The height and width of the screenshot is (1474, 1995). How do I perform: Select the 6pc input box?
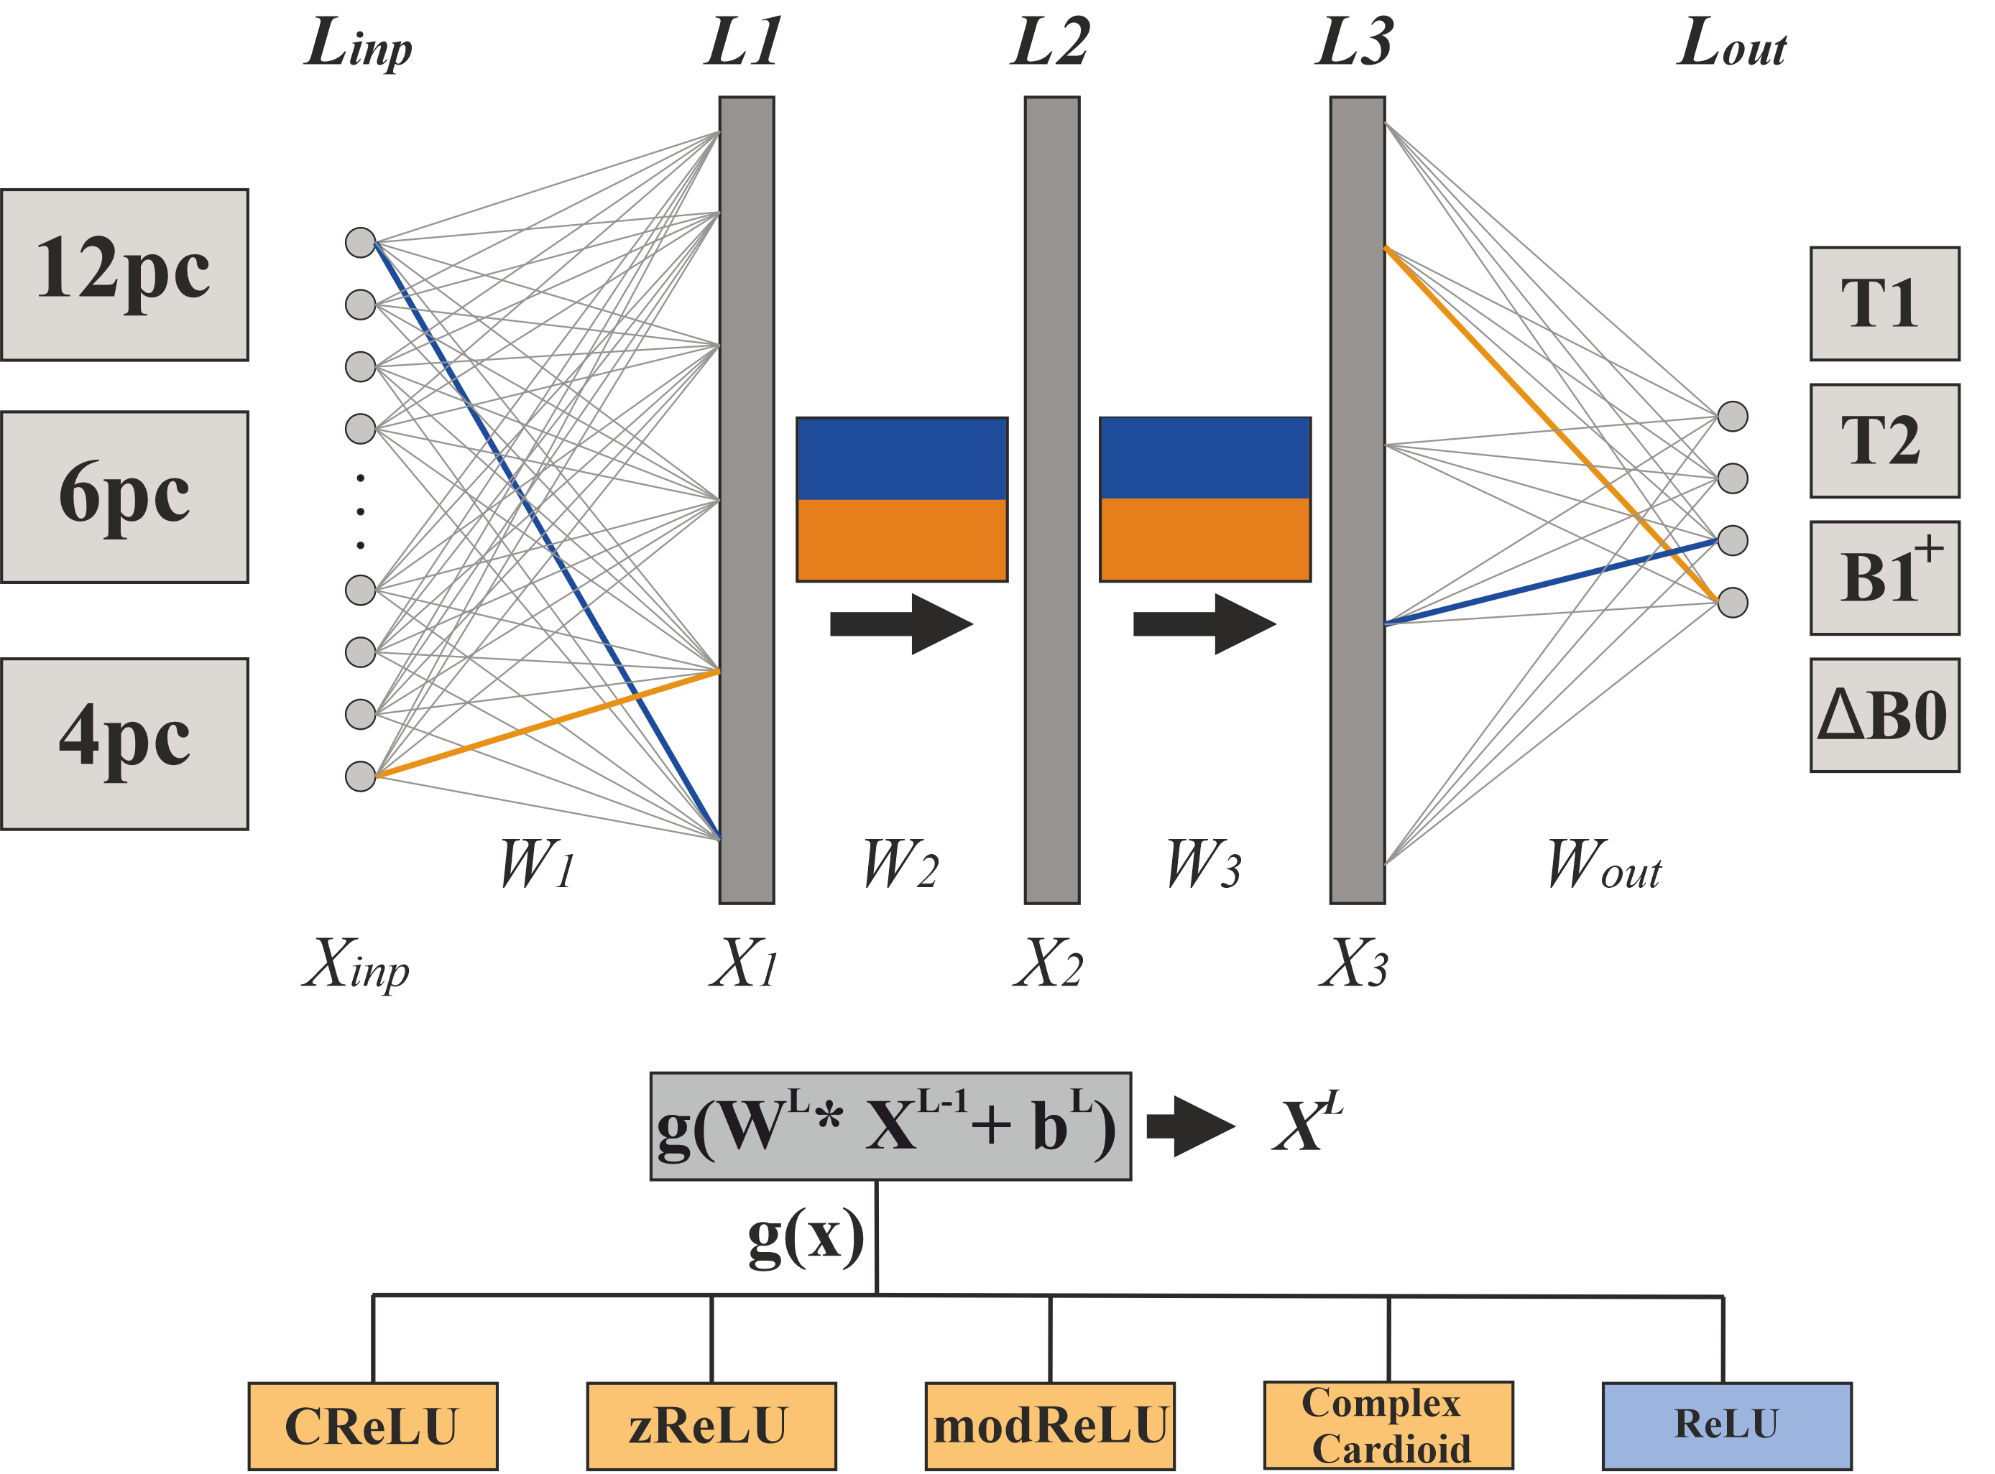124,497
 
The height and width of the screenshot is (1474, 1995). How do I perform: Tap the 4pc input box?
124,744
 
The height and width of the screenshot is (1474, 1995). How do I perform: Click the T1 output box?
1884,303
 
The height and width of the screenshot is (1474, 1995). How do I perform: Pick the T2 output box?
1884,441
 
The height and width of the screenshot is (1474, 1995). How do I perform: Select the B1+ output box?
1884,578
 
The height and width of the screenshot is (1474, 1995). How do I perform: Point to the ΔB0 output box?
1884,715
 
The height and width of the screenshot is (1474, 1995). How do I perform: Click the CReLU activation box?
372,1426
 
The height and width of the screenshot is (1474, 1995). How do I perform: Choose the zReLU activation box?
711,1426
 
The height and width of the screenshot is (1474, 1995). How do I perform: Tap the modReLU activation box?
1050,1426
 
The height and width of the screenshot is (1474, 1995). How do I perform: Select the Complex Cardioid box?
1388,1426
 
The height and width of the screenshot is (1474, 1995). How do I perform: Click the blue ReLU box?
1726,1426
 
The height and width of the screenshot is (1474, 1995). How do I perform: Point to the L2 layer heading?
1051,43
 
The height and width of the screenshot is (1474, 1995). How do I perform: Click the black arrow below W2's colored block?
901,624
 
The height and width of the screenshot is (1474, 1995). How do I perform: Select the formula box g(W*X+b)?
890,1127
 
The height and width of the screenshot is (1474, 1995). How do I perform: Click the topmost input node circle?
361,242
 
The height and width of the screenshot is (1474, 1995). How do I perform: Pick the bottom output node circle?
1733,602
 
